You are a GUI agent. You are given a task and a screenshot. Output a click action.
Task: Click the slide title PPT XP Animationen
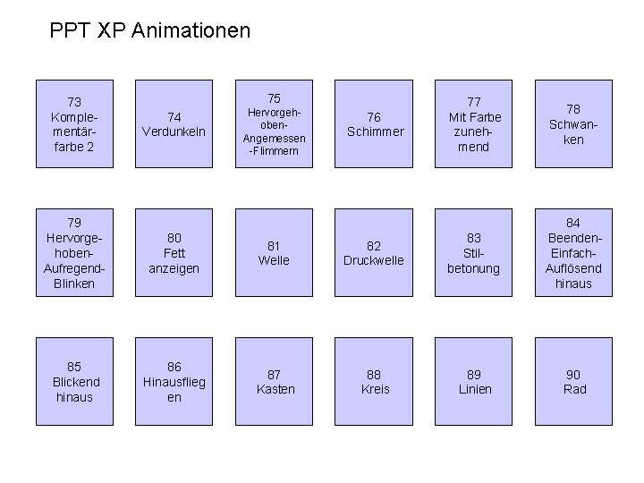point(150,31)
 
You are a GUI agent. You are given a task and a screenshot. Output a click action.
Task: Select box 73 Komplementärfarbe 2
point(74,124)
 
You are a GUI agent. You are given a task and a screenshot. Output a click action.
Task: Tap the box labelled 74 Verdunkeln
point(174,124)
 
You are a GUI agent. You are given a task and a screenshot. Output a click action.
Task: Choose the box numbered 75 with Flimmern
point(275,124)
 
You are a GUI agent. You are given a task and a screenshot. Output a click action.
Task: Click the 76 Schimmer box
point(374,124)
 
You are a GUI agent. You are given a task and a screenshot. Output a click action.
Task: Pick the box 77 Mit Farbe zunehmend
point(474,124)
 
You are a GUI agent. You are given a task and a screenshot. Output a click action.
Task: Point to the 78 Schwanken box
point(574,124)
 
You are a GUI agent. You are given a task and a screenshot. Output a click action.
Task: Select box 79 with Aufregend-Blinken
point(74,253)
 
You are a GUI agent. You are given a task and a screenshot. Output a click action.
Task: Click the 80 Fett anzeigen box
point(174,253)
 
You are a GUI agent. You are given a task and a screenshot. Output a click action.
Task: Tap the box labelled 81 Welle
point(275,253)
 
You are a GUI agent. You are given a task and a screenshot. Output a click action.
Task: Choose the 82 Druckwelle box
point(374,253)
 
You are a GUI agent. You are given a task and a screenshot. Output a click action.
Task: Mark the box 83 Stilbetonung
point(474,253)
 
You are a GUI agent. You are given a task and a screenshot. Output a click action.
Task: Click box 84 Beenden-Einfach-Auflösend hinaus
point(574,253)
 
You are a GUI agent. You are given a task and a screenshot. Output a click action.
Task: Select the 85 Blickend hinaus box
point(74,382)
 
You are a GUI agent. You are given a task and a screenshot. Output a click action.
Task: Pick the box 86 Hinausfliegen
point(174,382)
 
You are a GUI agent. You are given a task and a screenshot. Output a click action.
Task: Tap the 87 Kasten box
point(275,382)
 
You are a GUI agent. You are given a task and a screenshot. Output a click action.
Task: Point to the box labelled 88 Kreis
point(374,382)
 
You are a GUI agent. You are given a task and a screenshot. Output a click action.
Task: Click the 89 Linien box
point(474,382)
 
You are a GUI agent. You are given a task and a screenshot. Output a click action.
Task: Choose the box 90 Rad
point(574,382)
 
